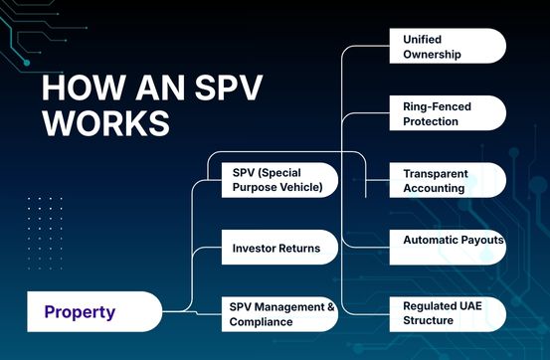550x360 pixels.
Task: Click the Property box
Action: [95, 311]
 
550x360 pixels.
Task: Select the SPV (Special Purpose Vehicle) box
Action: [278, 180]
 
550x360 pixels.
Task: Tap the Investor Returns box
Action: [278, 248]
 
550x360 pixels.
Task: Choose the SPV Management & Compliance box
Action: [278, 313]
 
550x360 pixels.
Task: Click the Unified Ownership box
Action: [446, 46]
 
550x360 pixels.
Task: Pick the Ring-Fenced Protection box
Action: [446, 113]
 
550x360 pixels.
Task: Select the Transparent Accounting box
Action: [446, 180]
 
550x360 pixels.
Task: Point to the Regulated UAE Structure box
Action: [446, 313]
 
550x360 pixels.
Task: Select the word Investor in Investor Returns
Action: [255, 248]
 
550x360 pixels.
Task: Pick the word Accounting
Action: [436, 188]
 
